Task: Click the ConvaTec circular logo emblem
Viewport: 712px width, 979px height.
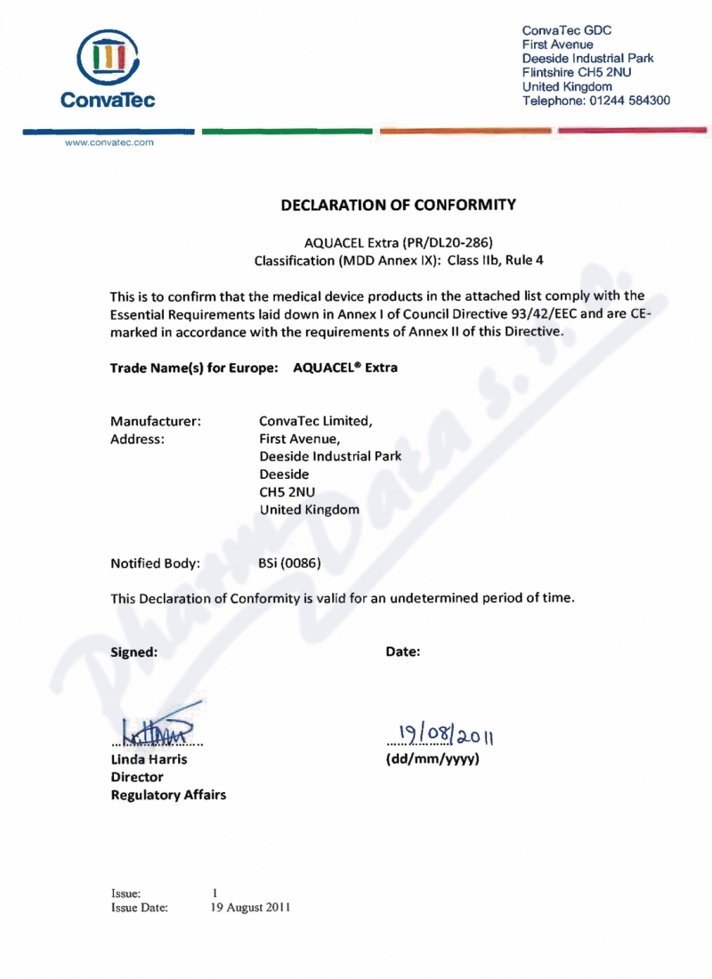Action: pyautogui.click(x=107, y=59)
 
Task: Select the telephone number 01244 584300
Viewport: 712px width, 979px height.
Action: pyautogui.click(x=627, y=101)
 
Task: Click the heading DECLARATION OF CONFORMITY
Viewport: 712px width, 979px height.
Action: pyautogui.click(x=398, y=205)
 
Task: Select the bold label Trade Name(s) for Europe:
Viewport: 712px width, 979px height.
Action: pyautogui.click(x=195, y=368)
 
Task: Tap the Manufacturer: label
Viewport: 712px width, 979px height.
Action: pyautogui.click(x=155, y=420)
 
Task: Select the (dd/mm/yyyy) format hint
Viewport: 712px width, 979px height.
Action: pyautogui.click(x=433, y=760)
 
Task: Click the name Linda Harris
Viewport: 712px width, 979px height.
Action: pyautogui.click(x=149, y=760)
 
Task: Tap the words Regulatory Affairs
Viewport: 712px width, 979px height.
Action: pyautogui.click(x=168, y=795)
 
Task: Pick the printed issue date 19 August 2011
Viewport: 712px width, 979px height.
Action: pyautogui.click(x=250, y=908)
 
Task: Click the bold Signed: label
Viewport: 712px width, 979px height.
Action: pyautogui.click(x=133, y=651)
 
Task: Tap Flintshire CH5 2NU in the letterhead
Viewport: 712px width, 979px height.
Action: pyautogui.click(x=577, y=73)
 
